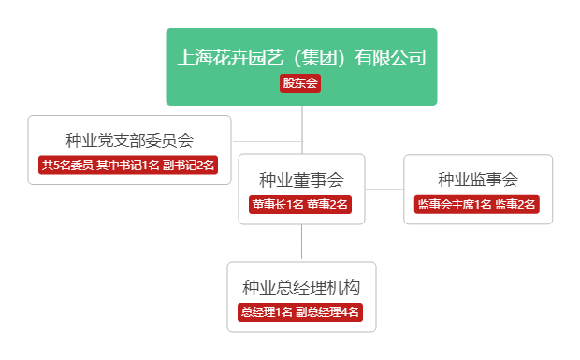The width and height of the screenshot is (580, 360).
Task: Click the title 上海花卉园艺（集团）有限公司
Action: coord(301,57)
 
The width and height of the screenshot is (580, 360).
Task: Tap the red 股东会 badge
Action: coord(300,83)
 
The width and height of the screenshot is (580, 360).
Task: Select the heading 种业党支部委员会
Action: coord(129,140)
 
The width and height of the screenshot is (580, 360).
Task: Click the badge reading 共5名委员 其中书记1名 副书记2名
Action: coord(129,165)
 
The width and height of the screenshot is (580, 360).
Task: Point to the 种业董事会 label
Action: coord(301,180)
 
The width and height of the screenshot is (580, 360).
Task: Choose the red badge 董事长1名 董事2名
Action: coord(300,204)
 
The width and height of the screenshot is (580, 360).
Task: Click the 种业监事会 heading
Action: coord(477,180)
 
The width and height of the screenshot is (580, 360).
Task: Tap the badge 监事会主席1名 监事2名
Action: coord(477,204)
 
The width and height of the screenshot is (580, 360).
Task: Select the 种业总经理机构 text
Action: coord(301,287)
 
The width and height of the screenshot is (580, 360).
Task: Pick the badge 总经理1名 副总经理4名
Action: coord(301,312)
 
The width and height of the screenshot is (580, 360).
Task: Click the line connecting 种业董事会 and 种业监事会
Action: coord(384,189)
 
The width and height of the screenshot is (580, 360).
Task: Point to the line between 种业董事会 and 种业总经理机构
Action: coord(301,243)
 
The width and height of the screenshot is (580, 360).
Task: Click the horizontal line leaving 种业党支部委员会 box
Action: coord(267,141)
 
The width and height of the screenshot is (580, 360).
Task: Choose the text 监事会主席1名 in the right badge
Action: coord(454,204)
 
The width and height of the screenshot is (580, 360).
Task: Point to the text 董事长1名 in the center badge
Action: coord(278,204)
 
